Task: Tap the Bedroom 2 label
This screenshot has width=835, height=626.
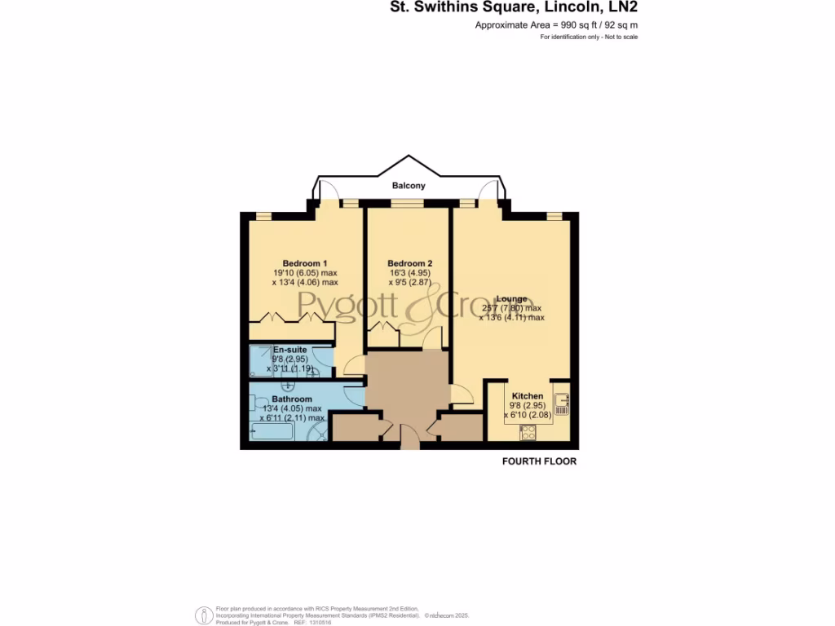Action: (x=409, y=263)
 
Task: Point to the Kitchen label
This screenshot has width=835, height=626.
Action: (x=527, y=396)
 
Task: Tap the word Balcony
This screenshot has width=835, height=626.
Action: (x=409, y=186)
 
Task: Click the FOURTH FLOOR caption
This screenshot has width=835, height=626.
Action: (x=538, y=461)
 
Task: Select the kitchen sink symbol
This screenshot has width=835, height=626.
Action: (x=562, y=400)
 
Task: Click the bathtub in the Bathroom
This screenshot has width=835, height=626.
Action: (x=277, y=430)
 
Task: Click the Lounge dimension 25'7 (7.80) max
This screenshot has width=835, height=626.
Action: (x=511, y=309)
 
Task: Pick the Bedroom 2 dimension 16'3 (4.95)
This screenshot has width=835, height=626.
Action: (x=410, y=273)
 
